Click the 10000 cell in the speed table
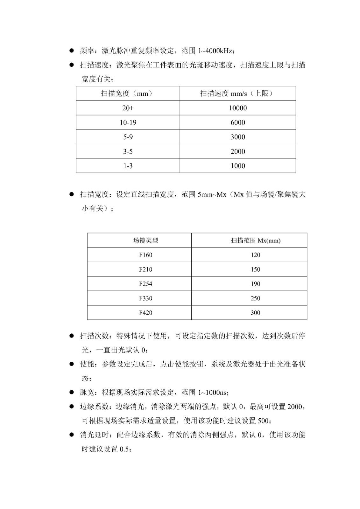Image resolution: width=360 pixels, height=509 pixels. pyautogui.click(x=238, y=108)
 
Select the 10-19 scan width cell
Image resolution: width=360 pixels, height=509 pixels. pyautogui.click(x=128, y=122)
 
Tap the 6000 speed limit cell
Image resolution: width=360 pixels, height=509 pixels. pyautogui.click(x=238, y=122)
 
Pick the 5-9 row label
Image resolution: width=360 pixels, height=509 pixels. pyautogui.click(x=128, y=137)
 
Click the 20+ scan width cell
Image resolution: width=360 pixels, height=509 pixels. pyautogui.click(x=128, y=108)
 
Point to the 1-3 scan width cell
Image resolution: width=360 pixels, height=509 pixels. pyautogui.click(x=128, y=166)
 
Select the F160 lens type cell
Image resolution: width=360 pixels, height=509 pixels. pyautogui.click(x=145, y=255)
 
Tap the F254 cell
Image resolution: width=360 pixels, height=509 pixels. pyautogui.click(x=145, y=284)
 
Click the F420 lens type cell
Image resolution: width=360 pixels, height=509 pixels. pyautogui.click(x=145, y=313)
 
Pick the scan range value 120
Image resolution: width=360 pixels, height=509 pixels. pyautogui.click(x=255, y=255)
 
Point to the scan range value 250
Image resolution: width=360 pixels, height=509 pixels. pyautogui.click(x=255, y=298)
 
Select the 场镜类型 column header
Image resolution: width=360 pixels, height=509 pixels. pyautogui.click(x=145, y=241)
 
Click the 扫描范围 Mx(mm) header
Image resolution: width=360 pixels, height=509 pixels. pyautogui.click(x=255, y=241)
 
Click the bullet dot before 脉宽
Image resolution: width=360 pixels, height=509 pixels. pyautogui.click(x=72, y=392)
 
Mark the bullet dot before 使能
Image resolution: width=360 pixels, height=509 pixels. pyautogui.click(x=72, y=364)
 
